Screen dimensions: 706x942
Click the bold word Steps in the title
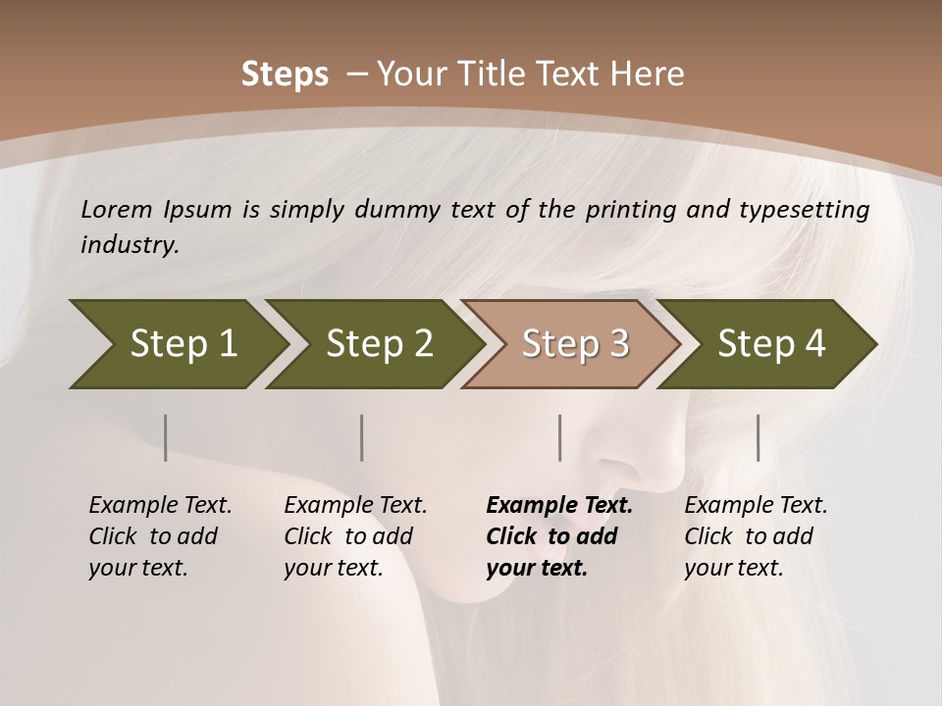(285, 75)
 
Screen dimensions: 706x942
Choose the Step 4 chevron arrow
(771, 343)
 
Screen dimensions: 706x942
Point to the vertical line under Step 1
(166, 437)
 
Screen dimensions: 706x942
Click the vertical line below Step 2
(362, 437)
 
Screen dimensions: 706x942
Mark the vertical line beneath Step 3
(560, 437)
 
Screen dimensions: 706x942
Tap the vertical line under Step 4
(759, 437)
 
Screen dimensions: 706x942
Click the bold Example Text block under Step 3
(558, 536)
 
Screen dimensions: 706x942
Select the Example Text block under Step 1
(160, 536)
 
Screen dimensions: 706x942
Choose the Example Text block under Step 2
(355, 536)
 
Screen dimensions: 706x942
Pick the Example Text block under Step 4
(756, 536)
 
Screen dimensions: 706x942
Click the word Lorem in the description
(117, 210)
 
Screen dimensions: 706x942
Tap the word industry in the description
(130, 245)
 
